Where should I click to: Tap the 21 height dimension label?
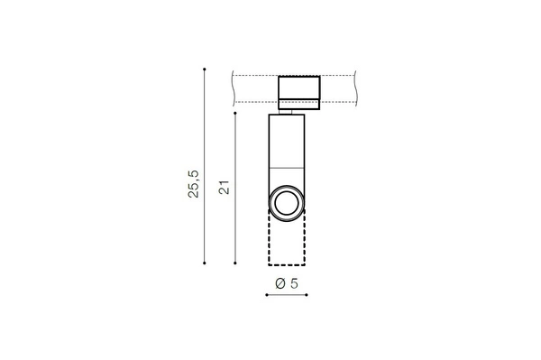[x=224, y=187]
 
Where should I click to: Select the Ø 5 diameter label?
[x=288, y=283]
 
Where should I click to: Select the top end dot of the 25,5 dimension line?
[x=206, y=68]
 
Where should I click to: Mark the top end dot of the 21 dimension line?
[x=236, y=114]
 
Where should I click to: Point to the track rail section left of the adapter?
[x=254, y=88]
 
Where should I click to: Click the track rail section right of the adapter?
[x=347, y=88]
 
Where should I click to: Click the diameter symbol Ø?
[x=280, y=283]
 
